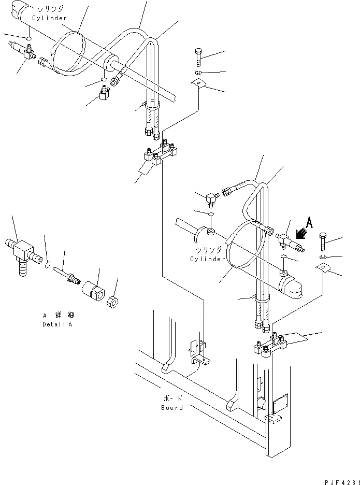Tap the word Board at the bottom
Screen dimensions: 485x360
click(x=171, y=408)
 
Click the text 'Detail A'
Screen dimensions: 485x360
click(x=57, y=324)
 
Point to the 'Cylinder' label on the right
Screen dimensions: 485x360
click(x=207, y=259)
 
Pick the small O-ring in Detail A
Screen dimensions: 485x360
click(x=47, y=266)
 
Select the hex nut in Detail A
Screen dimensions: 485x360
click(x=112, y=301)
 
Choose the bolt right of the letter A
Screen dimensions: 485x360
click(x=323, y=241)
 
